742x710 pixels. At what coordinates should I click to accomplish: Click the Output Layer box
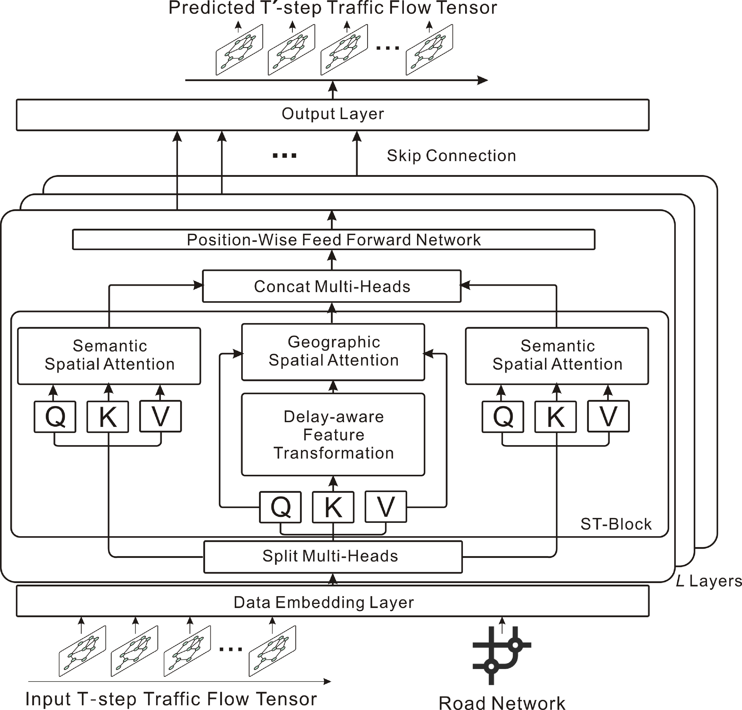click(333, 115)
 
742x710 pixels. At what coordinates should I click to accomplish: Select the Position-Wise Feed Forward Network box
click(333, 240)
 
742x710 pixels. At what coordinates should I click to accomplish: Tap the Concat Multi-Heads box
click(332, 286)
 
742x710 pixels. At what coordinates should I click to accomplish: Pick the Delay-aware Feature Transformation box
click(333, 435)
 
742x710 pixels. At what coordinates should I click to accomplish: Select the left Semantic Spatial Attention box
click(109, 355)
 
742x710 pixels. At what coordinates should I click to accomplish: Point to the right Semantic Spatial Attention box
click(557, 355)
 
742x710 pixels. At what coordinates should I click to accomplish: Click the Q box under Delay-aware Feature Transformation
click(280, 507)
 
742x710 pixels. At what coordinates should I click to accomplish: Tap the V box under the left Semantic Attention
click(160, 416)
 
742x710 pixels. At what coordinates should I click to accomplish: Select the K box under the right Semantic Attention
click(555, 416)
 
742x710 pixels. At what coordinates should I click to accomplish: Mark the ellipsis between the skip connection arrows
click(284, 155)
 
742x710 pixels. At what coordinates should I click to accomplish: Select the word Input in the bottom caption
click(48, 699)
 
